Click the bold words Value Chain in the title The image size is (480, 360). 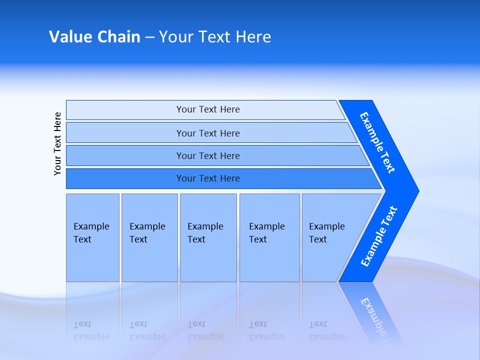94,37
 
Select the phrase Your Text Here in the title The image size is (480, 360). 215,37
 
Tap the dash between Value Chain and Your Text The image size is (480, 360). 149,37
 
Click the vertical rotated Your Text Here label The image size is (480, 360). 57,143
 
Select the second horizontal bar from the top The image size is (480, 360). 208,133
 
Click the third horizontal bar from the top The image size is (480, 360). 208,155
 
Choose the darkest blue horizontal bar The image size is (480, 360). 208,178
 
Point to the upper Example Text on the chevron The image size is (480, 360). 377,142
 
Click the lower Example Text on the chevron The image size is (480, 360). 378,236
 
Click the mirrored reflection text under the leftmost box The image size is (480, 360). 91,330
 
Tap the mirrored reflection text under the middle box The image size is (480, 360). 205,330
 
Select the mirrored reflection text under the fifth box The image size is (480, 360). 326,330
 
